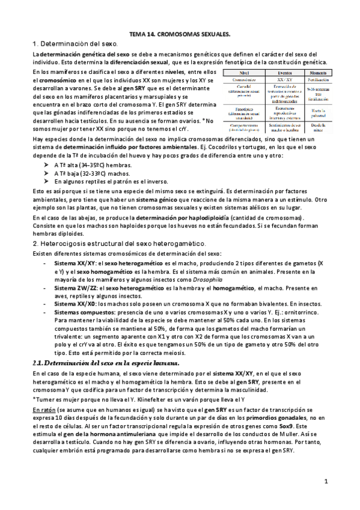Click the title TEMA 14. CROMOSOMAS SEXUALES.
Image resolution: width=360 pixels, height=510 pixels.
pyautogui.click(x=180, y=35)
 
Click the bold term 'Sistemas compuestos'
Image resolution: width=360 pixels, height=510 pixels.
pyautogui.click(x=81, y=313)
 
